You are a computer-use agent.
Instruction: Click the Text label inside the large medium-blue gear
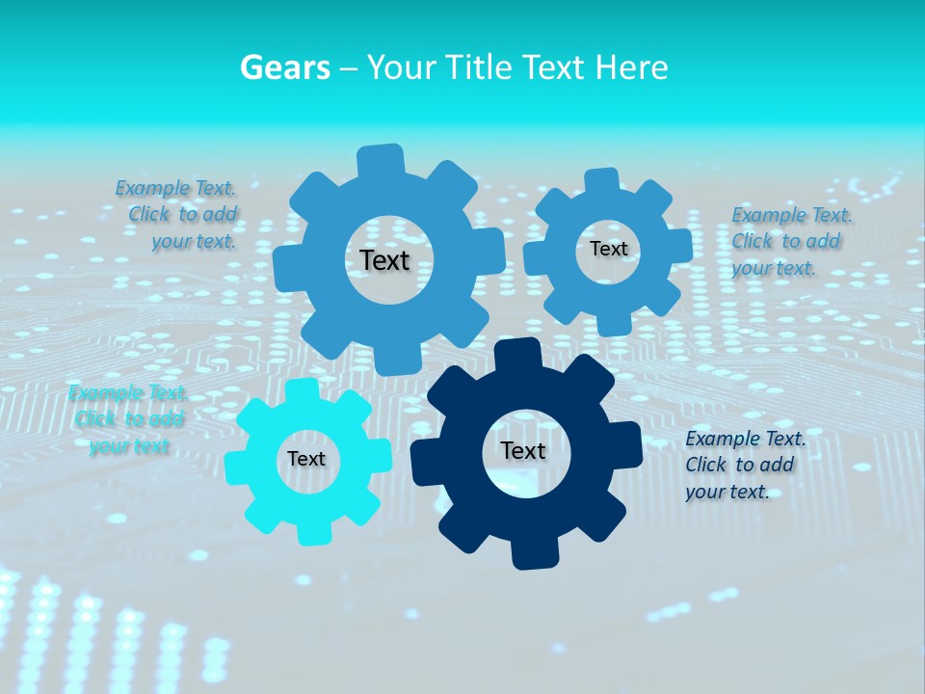tap(384, 260)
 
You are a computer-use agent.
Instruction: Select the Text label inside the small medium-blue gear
tap(608, 249)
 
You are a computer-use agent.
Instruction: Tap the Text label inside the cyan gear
tap(306, 460)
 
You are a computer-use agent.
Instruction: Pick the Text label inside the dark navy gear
tap(523, 451)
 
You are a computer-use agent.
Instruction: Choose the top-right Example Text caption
tap(790, 241)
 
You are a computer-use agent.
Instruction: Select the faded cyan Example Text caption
tap(128, 419)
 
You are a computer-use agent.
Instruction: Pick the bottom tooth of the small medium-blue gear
tap(614, 323)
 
